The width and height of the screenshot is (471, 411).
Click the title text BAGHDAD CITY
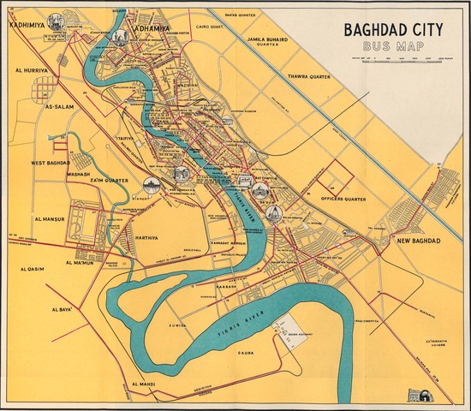[x=393, y=30]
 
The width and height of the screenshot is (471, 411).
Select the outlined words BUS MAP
[x=393, y=47]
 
